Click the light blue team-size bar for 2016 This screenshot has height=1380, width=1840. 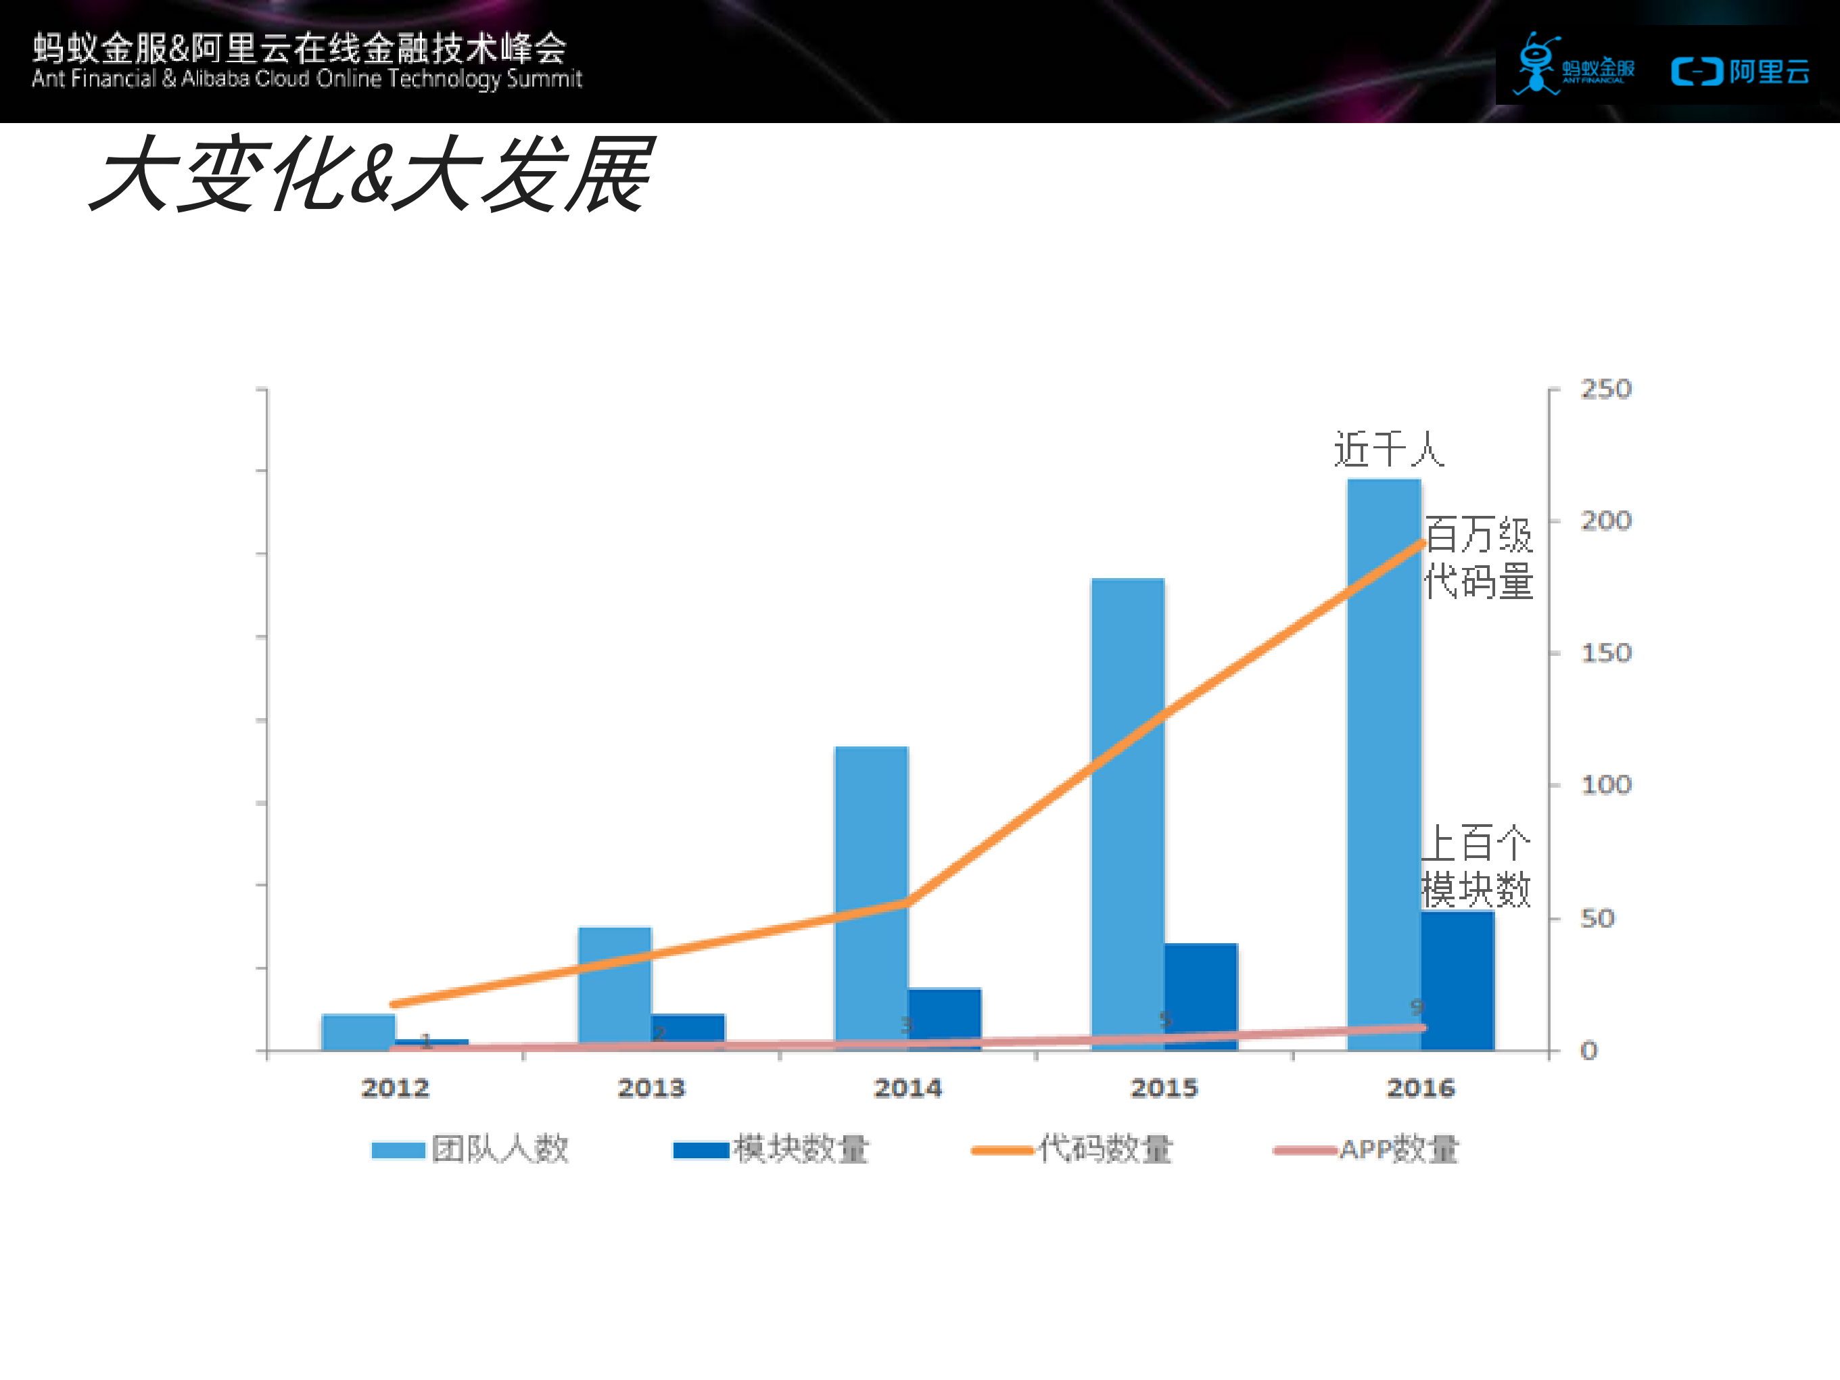click(1384, 748)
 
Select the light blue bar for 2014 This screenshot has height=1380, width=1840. click(871, 890)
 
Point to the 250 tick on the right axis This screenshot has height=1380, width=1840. click(1605, 389)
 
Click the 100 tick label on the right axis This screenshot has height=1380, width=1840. click(1605, 784)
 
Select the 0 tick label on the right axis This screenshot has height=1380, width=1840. click(1589, 1051)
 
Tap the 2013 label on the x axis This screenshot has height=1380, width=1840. click(651, 1088)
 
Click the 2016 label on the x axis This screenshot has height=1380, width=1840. click(1420, 1088)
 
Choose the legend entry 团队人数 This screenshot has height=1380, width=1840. click(471, 1149)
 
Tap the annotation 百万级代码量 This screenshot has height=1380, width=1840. click(1478, 557)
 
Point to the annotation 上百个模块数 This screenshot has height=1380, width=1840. click(1476, 867)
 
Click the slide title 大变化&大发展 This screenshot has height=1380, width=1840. click(372, 174)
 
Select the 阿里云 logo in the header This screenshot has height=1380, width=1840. click(1740, 72)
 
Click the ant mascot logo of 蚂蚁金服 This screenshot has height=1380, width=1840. click(1536, 63)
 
